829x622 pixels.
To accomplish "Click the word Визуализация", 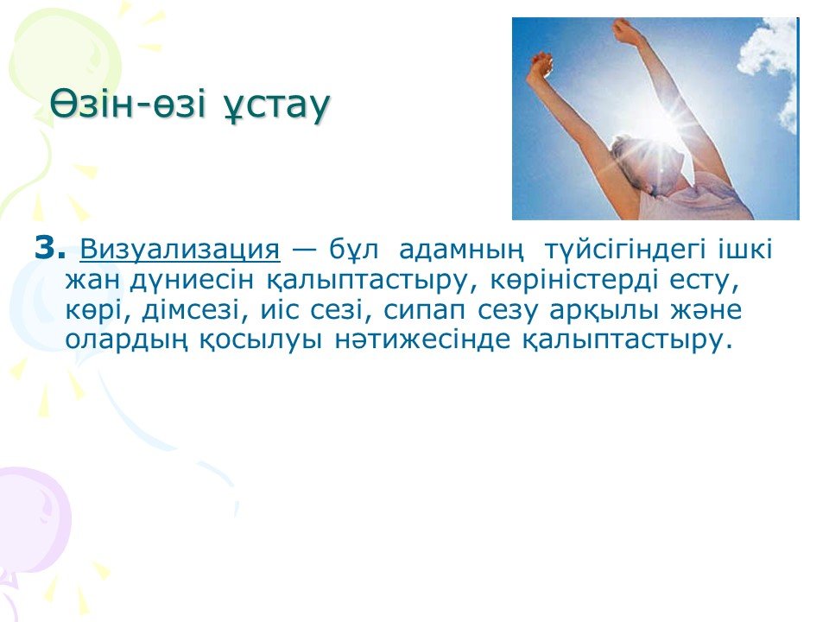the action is pos(180,249).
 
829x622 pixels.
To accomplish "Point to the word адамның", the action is pos(461,250).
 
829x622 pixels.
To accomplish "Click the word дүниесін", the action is pos(192,280).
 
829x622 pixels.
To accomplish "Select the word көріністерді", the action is pos(574,280).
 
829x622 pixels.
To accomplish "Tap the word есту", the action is pos(705,281).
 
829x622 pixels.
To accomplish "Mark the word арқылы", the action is pos(604,310).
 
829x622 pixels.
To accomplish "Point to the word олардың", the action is pos(126,340).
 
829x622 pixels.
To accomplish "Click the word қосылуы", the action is pos(261,340).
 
